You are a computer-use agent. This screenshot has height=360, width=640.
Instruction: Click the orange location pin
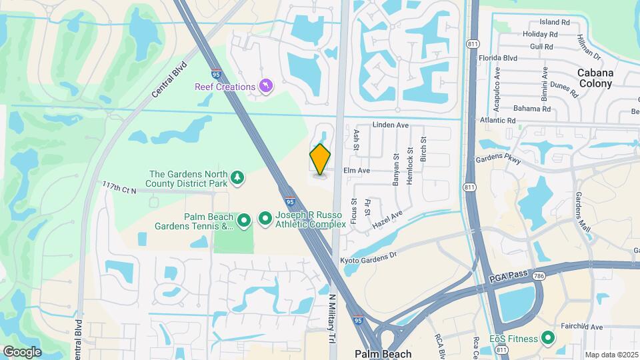321,159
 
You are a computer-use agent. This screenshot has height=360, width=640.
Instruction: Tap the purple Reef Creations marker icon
266,87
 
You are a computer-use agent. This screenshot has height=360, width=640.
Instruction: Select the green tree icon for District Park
237,177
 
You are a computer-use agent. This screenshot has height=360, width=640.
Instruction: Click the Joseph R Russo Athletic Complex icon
265,218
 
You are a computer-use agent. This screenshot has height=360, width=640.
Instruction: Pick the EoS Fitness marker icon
549,338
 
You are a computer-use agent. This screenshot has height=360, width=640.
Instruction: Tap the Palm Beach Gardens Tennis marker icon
244,219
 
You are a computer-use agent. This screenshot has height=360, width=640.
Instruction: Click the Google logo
22,351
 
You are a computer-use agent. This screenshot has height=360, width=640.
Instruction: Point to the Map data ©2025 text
611,355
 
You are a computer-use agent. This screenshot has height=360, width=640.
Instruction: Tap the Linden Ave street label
390,125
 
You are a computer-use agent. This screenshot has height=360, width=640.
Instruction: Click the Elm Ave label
356,171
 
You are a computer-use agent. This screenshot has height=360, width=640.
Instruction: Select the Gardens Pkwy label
497,159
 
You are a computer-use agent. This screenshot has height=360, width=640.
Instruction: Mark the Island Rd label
555,22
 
